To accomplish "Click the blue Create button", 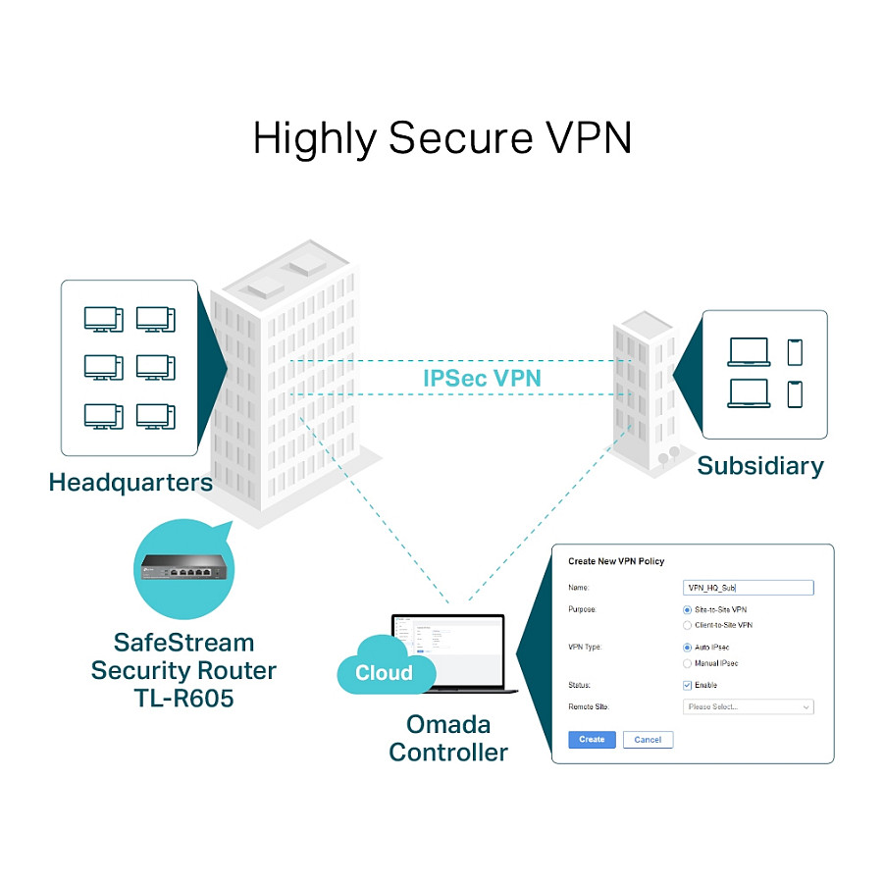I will point(592,740).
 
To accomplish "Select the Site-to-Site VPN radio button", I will point(687,610).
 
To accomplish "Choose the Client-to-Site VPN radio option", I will point(687,625).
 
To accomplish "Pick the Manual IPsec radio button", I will point(687,663).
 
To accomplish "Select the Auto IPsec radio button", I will point(687,648).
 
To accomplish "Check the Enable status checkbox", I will point(687,685).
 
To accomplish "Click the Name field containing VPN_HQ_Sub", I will point(748,588).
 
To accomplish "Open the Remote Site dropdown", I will point(748,706).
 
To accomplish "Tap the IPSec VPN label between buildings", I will point(482,377).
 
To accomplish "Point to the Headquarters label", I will point(130,483).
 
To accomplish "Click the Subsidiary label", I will point(760,465).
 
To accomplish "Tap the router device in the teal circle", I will point(184,567).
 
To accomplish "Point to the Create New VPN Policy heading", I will point(616,561).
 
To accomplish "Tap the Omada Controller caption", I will point(448,739).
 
